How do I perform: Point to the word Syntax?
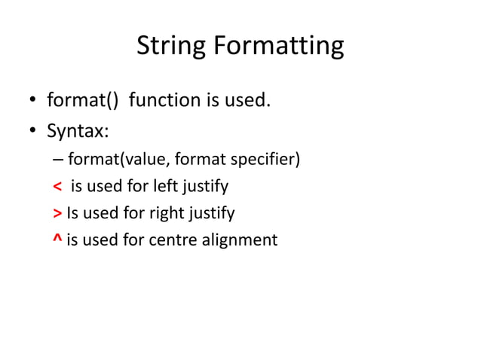[x=78, y=132]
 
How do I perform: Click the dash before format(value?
[x=59, y=160]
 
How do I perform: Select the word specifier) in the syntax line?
[x=269, y=160]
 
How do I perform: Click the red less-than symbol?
[x=58, y=186]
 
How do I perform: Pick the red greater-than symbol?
[x=58, y=214]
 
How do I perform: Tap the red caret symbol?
[x=58, y=239]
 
